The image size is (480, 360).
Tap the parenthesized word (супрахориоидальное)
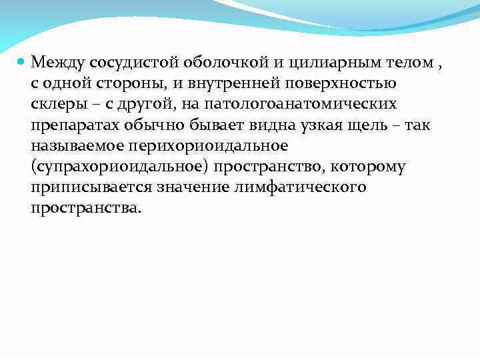[116, 166]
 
